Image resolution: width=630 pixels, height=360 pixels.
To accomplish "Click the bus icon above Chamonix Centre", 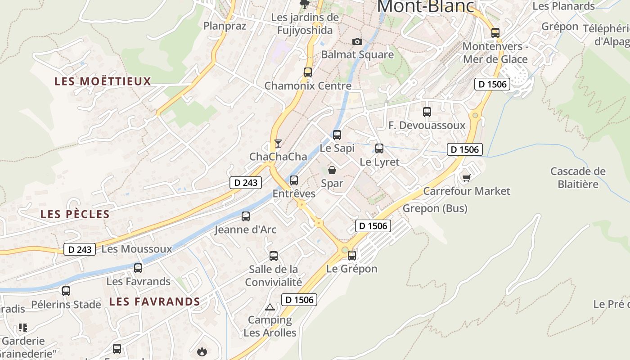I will pos(308,72).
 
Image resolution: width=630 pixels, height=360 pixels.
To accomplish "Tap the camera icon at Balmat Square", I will pos(357,41).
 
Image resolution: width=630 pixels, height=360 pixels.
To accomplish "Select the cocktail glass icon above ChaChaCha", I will pos(278,144).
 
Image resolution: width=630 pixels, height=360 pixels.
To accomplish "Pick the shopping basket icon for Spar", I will pos(332,170).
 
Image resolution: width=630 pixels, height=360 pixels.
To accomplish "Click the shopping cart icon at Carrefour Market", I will pos(466,178).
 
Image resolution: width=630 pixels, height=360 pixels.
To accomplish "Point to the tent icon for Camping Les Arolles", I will pos(270,307).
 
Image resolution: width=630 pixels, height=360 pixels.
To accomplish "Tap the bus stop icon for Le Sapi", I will pos(337,135).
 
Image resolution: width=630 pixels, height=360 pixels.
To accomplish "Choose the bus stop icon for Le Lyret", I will pos(379,148).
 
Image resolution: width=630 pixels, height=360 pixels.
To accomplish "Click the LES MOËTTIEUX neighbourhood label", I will pos(103,81).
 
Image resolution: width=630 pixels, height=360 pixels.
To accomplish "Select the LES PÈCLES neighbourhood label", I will pos(75,214).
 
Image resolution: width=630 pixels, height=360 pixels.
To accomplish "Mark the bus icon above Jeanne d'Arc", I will pos(246,216).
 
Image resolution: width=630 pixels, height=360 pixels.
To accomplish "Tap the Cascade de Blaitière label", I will pos(578,178).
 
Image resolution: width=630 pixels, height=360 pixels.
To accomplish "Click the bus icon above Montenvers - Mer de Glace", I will pos(495,32).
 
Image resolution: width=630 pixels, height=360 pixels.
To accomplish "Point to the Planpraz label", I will pos(225,26).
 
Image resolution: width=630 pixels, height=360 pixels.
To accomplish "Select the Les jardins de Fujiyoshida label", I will pos(305,24).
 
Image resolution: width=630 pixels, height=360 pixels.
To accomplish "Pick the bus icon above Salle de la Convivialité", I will pos(274,256).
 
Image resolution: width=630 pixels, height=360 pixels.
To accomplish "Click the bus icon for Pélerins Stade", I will pos(66,291).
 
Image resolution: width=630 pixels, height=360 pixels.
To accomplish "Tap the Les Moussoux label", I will pos(137,249).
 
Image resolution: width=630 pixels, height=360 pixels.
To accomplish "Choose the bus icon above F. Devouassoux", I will pos(427,112).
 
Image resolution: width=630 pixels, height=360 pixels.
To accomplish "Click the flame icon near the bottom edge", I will pos(202,351).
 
